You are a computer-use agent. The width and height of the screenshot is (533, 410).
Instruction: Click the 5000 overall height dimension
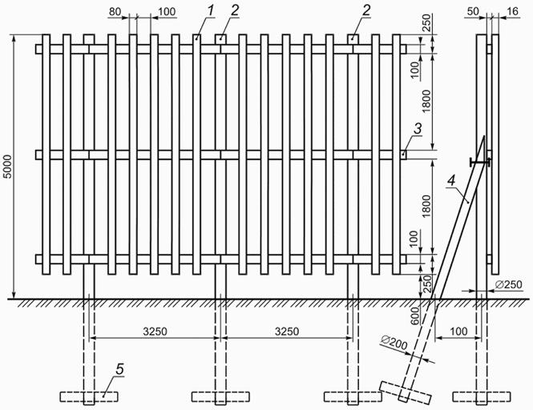(x=7, y=166)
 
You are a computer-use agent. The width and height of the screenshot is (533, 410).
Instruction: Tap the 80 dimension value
(x=115, y=11)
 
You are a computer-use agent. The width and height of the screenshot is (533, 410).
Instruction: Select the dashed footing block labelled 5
(x=87, y=396)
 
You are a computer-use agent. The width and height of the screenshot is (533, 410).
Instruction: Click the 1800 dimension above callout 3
(x=426, y=101)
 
